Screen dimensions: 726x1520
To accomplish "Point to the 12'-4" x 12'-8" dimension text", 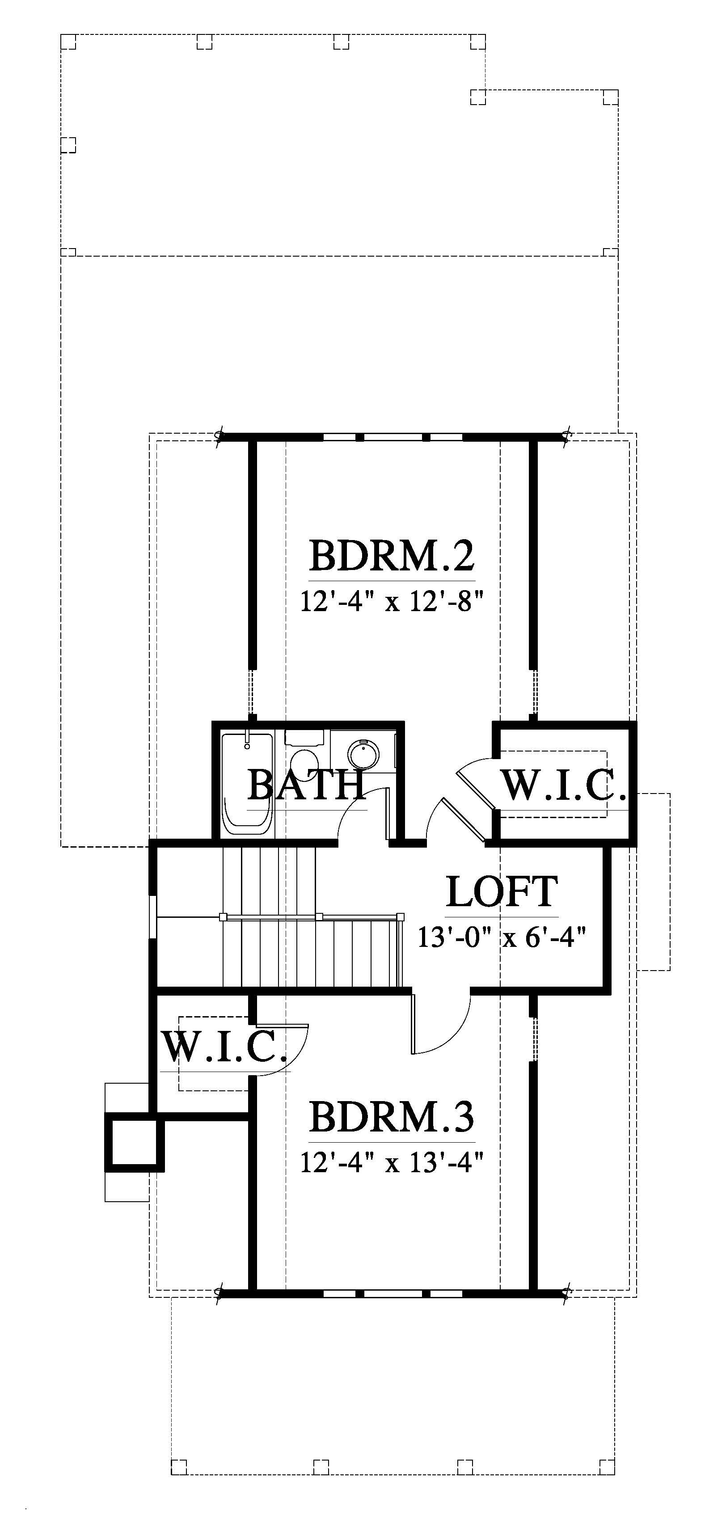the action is [x=392, y=603].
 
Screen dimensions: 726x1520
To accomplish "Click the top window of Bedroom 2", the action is [x=393, y=437].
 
